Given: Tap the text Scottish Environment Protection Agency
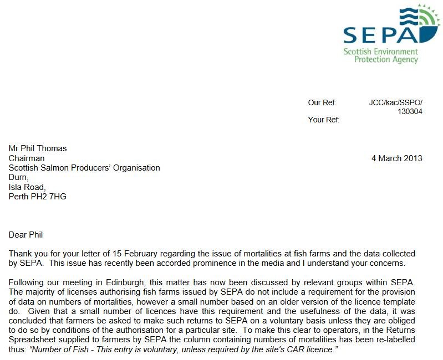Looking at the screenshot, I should (x=380, y=55).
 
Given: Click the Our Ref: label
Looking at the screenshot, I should (x=322, y=102).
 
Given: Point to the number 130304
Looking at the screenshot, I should (x=410, y=111).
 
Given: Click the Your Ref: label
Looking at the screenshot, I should (x=324, y=120).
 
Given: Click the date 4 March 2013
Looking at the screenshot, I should (x=396, y=158).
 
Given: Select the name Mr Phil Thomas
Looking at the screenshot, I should (x=38, y=148).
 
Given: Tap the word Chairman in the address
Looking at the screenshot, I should (x=27, y=158).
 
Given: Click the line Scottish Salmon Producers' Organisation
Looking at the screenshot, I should (x=84, y=168).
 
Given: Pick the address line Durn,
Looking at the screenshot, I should (x=18, y=177).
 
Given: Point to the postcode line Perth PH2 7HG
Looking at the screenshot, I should (x=38, y=196).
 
